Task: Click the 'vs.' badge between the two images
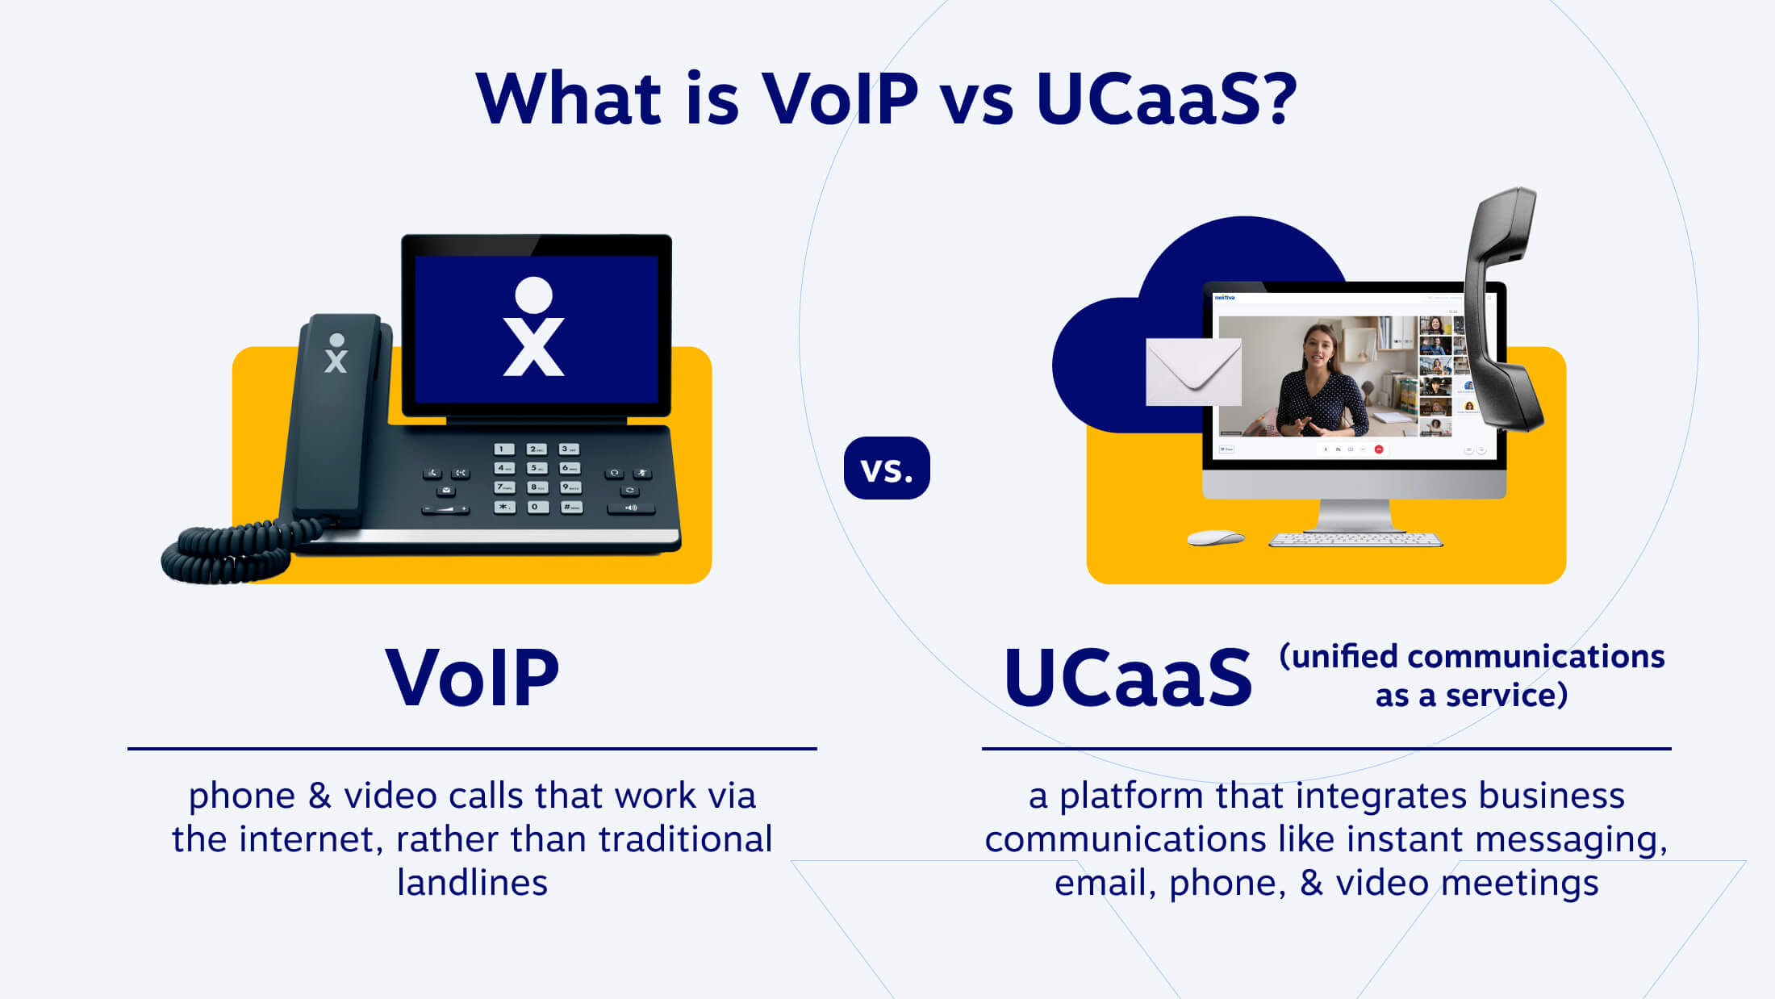click(887, 468)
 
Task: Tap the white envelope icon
click(1193, 372)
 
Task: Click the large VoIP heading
click(472, 678)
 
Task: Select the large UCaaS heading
click(1128, 678)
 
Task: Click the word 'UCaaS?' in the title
click(1167, 98)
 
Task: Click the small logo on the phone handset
click(336, 353)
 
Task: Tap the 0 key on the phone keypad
click(534, 507)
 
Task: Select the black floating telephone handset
click(1502, 307)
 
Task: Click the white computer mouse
click(1216, 537)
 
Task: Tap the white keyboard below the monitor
click(1355, 539)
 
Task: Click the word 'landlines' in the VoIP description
click(472, 883)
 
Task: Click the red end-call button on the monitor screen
click(1379, 449)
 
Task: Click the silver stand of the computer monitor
click(1355, 515)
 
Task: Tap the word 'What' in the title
click(569, 98)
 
